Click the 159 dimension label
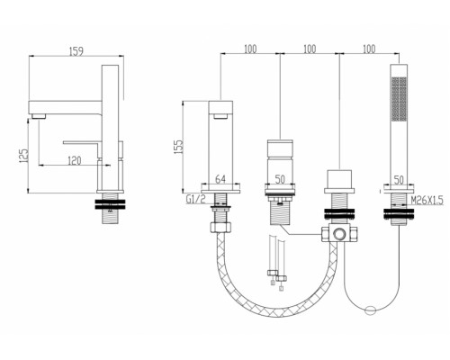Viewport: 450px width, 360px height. [x=76, y=51]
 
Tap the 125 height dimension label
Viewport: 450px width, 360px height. [x=23, y=156]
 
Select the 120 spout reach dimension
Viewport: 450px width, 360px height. [x=74, y=160]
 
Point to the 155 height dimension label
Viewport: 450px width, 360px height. [x=177, y=147]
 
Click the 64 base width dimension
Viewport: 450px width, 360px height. [x=220, y=179]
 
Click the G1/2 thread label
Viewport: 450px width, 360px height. [x=196, y=199]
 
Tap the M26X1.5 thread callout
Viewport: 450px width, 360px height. [x=427, y=200]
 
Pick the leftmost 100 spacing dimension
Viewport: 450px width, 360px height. [x=250, y=49]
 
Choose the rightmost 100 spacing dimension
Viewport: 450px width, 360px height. [x=369, y=49]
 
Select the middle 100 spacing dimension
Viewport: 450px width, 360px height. [x=310, y=49]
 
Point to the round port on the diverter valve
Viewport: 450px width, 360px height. [x=339, y=233]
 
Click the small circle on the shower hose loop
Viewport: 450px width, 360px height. [x=371, y=310]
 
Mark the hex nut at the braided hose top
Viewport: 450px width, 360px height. [x=220, y=227]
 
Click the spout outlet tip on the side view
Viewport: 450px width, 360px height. [x=39, y=116]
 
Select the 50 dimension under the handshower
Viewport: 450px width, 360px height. [x=399, y=180]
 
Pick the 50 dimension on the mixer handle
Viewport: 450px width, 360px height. [x=280, y=179]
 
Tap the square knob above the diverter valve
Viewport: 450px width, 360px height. [x=339, y=179]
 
